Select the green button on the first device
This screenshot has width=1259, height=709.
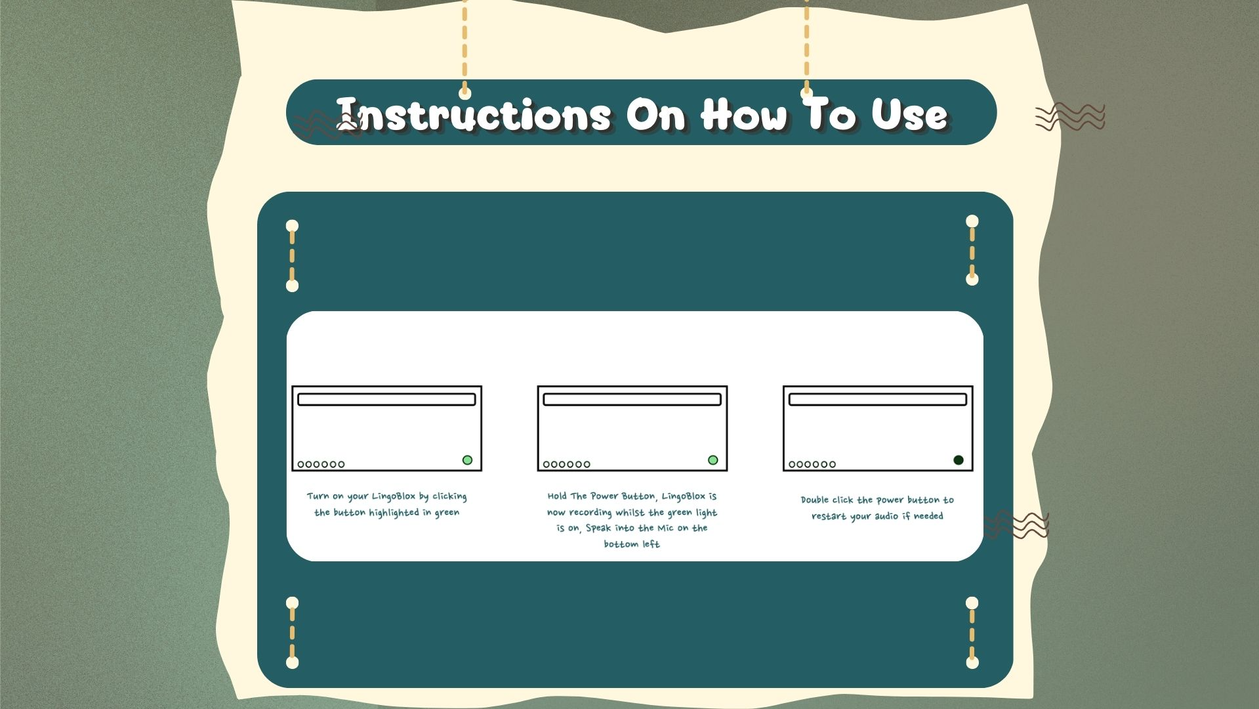467,460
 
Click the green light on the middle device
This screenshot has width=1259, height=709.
713,460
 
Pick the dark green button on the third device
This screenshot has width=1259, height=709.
959,460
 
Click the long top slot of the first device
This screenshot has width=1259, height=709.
386,399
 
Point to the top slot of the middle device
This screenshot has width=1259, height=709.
632,399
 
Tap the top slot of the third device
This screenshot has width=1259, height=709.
878,399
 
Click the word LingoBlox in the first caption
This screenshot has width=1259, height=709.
393,496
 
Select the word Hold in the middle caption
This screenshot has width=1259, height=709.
557,496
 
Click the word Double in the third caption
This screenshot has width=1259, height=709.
815,500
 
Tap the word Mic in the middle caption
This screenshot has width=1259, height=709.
665,528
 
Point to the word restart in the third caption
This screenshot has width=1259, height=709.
829,516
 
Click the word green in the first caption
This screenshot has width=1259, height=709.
447,513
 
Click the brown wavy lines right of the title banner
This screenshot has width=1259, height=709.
1070,117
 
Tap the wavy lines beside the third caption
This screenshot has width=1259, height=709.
1016,525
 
